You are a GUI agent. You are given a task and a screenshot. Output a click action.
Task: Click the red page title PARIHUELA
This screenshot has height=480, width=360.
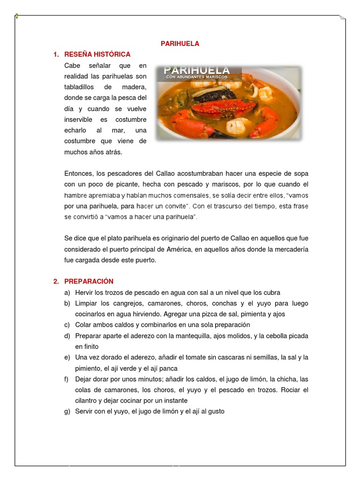[x=180, y=44]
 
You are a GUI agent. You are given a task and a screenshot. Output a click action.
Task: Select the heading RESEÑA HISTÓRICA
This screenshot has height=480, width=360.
[x=97, y=54]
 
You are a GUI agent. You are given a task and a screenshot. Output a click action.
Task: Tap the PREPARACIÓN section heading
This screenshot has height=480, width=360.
[x=89, y=281]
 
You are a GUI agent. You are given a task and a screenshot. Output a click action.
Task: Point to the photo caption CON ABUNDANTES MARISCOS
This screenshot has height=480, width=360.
[x=202, y=77]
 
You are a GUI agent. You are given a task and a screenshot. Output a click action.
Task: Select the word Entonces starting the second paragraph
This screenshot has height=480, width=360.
[x=79, y=173]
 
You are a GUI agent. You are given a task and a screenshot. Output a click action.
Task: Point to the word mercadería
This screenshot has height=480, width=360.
[x=289, y=249]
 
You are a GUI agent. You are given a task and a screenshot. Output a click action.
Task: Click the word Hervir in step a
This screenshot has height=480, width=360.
[x=84, y=292]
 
